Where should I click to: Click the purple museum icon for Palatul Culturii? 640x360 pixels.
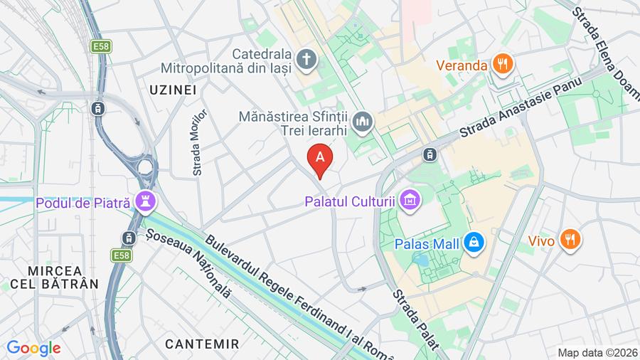410,201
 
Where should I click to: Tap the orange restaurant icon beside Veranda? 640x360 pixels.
503,65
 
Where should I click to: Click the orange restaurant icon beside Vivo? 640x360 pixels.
570,240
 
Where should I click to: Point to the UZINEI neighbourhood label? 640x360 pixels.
173,90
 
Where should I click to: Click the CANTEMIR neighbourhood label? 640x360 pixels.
202,344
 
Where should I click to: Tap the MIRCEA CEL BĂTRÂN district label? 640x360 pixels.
54,277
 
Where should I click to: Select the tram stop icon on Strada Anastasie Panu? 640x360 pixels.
430,154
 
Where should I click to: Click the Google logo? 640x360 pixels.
33,348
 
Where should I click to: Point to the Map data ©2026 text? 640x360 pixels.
597,352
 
